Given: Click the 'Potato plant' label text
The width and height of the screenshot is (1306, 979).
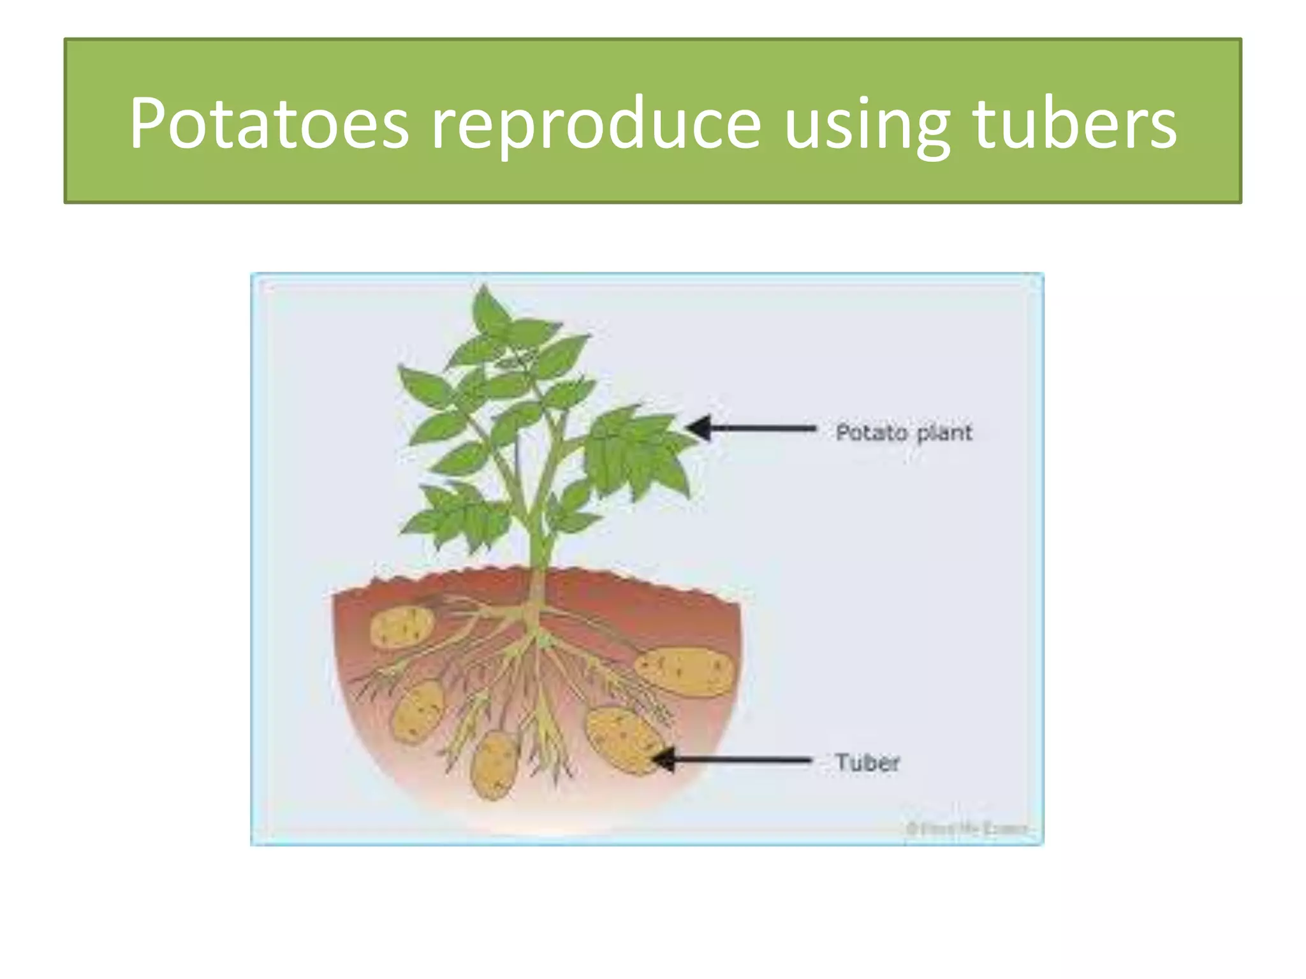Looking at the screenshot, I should click(x=904, y=433).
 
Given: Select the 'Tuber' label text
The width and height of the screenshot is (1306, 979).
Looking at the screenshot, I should click(x=867, y=762).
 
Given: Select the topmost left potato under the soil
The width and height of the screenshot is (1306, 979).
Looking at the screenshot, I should click(x=402, y=626).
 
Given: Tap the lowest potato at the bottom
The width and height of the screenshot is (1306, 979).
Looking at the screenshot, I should click(x=494, y=764).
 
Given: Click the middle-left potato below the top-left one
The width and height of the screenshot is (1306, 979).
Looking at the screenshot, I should click(x=418, y=711).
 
